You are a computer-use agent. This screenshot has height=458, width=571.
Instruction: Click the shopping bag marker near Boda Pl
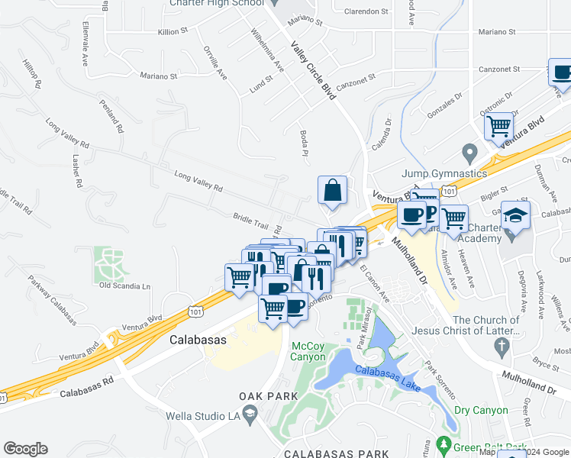click(333, 191)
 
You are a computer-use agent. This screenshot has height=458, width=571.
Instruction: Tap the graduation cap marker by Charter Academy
click(516, 216)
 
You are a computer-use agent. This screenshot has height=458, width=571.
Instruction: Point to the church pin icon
click(502, 347)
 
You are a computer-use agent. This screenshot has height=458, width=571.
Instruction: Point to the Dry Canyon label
click(481, 411)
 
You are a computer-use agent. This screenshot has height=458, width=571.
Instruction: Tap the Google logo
click(25, 449)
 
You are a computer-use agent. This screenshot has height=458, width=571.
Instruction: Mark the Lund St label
click(262, 85)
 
